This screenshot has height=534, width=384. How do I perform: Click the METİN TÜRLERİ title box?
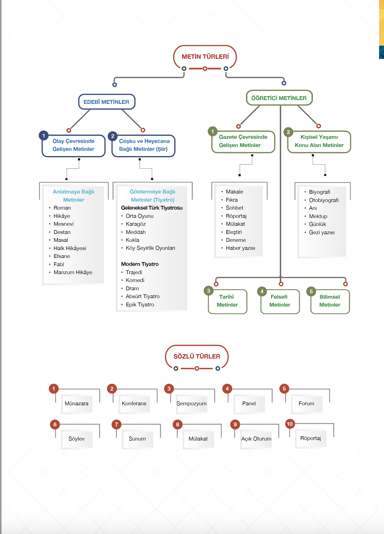point(205,57)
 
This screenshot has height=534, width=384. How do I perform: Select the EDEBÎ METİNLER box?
point(107,102)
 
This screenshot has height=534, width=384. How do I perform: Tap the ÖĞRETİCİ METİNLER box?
point(279,98)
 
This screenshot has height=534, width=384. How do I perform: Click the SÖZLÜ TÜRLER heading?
point(197,356)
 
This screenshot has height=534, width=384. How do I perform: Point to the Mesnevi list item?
point(63,224)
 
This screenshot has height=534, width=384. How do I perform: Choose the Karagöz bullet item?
point(136,224)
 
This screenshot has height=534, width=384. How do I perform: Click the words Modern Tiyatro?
point(140,264)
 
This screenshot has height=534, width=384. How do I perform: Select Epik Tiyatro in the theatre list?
point(140,304)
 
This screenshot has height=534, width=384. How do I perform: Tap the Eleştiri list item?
point(234,232)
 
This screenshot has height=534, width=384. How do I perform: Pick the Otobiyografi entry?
point(324,200)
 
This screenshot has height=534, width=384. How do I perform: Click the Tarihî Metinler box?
point(227,301)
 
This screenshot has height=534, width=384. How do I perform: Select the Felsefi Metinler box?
point(280,301)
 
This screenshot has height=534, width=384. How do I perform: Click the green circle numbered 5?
point(311,291)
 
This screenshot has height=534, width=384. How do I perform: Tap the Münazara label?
point(77,403)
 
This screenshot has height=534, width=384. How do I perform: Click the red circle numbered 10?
point(290,424)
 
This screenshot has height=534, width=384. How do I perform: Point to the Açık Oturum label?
point(256,439)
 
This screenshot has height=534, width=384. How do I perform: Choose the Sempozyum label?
point(191,404)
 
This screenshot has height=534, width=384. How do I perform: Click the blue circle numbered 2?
point(113,136)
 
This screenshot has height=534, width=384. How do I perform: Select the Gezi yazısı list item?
point(322,232)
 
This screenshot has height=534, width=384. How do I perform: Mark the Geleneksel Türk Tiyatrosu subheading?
point(152,208)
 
